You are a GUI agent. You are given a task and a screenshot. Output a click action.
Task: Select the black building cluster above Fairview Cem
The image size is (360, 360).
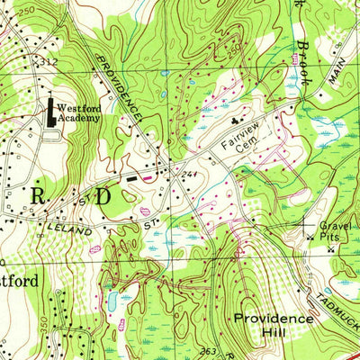238,118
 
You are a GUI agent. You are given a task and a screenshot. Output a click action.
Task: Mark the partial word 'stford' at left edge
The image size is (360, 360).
18,281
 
